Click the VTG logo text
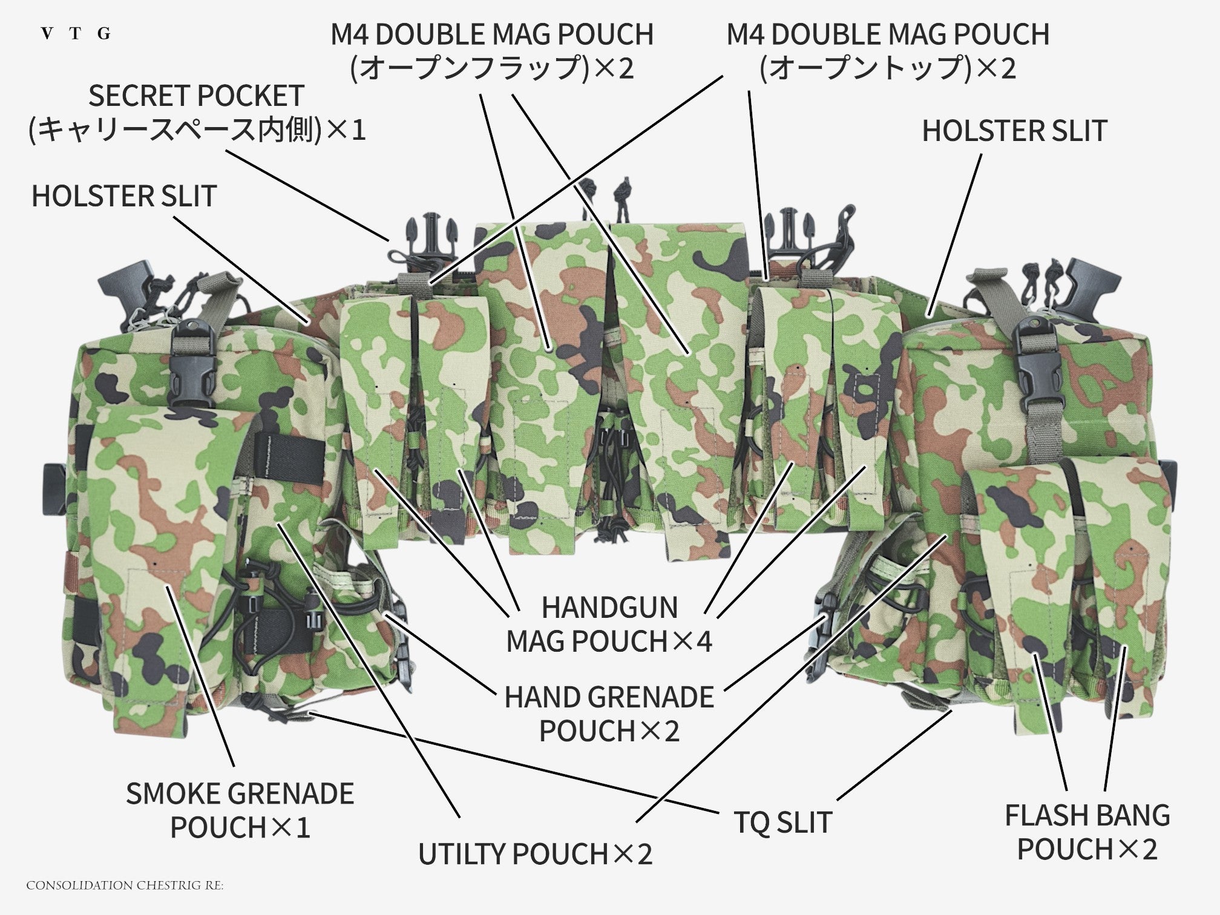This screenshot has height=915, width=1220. coord(76,34)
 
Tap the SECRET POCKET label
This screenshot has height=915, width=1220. coord(197,113)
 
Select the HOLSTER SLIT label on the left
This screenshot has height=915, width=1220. coord(124,196)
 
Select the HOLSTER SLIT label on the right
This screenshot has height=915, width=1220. coord(1015,131)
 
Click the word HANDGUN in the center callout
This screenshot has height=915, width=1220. coord(609,608)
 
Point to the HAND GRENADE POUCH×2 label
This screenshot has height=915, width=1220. coord(609,714)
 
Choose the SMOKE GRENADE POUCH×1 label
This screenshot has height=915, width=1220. coord(240,810)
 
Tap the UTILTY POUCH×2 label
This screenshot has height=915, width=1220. coord(536,854)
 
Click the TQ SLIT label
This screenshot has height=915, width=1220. coord(783,822)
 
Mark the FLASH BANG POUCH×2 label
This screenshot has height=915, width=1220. coord(1087,833)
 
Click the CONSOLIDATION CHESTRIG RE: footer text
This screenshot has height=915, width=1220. coord(125,885)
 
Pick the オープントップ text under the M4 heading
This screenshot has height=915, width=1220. coord(867,68)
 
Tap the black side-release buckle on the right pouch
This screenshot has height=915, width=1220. coord(1039,369)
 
